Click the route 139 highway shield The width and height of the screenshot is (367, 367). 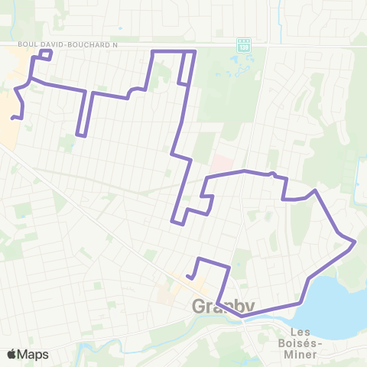244,44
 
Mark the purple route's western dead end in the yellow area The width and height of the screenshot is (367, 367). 13,118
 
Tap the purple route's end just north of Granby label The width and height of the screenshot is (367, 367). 188,275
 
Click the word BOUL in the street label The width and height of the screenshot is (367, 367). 29,45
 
